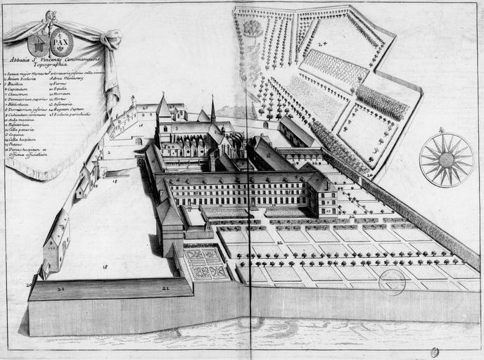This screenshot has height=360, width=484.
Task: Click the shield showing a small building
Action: coord(39,44)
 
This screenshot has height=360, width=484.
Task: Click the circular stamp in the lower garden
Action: coord(392,282)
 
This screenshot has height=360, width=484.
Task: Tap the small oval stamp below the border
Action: coord(434,352)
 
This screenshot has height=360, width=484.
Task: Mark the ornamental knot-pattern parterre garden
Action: coord(206,264)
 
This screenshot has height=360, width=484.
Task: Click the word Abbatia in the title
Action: coord(21,59)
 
